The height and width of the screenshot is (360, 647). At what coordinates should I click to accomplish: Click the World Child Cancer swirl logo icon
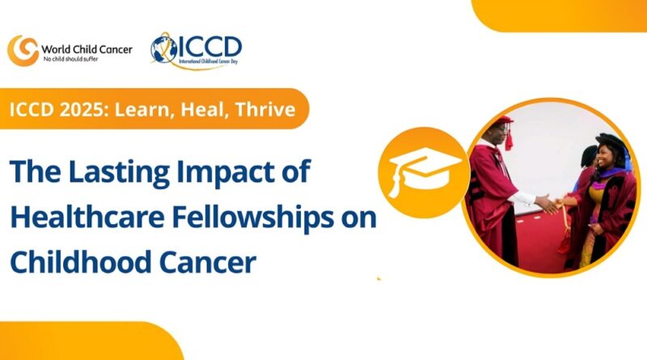click(22, 49)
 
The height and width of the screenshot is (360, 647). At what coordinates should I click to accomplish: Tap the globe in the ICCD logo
click(164, 49)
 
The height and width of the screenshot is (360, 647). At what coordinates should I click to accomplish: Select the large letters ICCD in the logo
click(209, 44)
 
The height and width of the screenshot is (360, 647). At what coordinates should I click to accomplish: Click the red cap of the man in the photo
click(504, 124)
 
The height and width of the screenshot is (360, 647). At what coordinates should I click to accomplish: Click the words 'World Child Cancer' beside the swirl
click(84, 46)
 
